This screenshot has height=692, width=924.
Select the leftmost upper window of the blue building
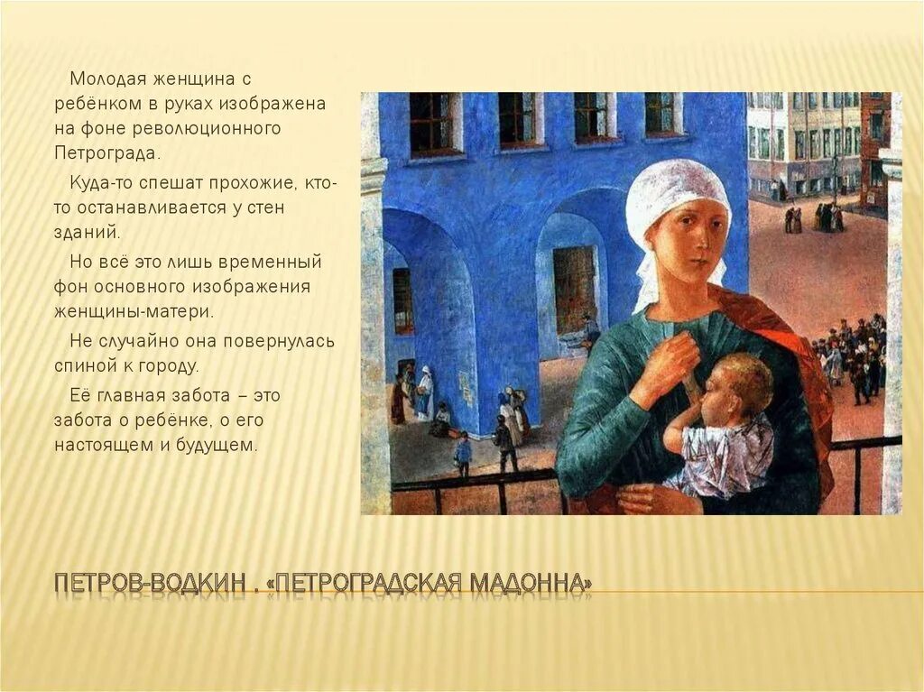(x=431, y=125)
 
